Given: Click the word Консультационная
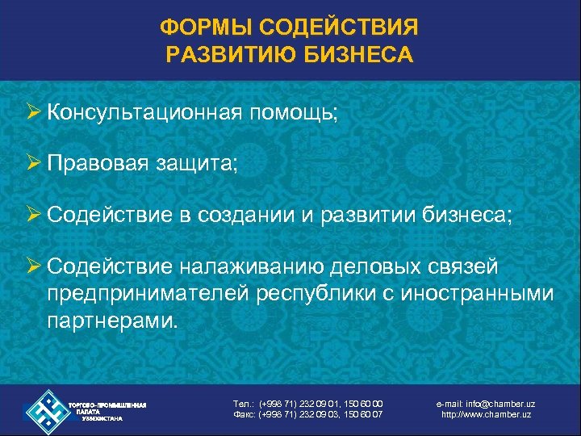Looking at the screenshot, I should click(x=143, y=114).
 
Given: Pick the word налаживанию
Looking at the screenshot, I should click(x=257, y=266).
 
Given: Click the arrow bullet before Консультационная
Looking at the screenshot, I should click(x=31, y=114).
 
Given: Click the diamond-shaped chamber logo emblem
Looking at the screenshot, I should click(x=46, y=410).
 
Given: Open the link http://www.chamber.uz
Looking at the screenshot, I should click(x=487, y=415).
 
